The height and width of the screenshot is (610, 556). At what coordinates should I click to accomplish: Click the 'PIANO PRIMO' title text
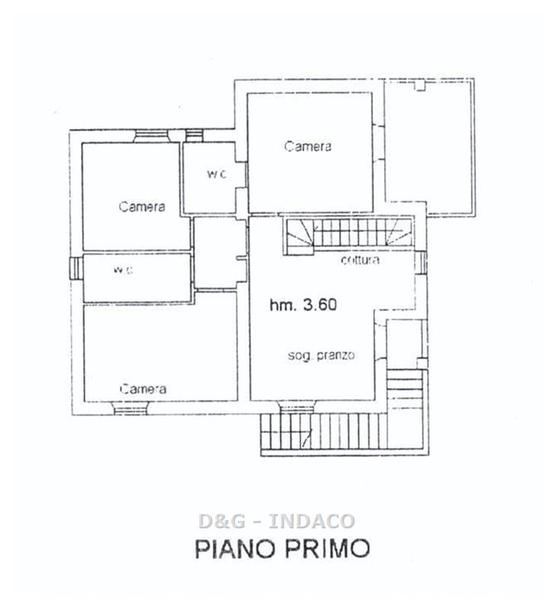(x=281, y=548)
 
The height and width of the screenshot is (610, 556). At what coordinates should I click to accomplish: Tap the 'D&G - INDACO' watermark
(x=276, y=522)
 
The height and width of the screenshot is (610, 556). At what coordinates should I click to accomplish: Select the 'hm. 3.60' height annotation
(x=303, y=304)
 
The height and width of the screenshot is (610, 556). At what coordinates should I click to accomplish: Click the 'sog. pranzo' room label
(x=321, y=355)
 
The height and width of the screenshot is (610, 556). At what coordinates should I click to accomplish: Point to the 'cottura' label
(x=360, y=259)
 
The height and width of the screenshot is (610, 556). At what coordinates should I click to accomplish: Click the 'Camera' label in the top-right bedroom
(x=308, y=146)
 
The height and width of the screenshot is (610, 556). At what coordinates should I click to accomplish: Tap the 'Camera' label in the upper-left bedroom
(x=142, y=206)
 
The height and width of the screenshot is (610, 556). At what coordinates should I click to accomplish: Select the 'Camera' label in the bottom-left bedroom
(x=143, y=389)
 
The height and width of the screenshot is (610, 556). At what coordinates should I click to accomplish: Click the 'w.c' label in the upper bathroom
(x=217, y=174)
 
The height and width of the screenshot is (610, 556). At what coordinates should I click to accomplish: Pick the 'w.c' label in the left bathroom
(x=124, y=270)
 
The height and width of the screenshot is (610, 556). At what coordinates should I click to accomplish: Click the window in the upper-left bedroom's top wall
(x=151, y=136)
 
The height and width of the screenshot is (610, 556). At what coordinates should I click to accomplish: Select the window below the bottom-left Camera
(x=130, y=408)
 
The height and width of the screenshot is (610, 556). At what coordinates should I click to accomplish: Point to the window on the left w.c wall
(x=76, y=268)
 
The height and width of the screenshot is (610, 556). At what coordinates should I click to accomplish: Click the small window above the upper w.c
(x=194, y=136)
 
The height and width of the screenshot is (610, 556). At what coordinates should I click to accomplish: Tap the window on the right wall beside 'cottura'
(x=420, y=263)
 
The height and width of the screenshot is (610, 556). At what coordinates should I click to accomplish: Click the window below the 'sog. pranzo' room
(x=298, y=407)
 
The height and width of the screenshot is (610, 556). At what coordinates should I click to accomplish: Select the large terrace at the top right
(x=429, y=147)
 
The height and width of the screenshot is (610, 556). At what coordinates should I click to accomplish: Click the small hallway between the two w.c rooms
(x=220, y=252)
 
